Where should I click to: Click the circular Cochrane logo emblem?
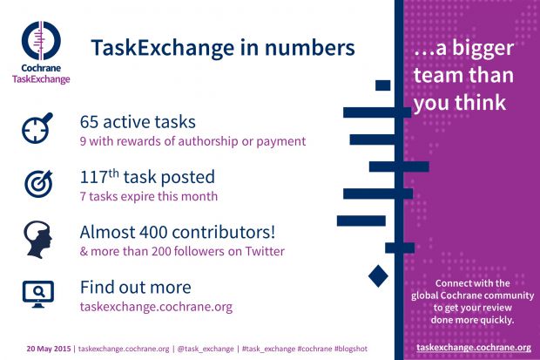[41, 40]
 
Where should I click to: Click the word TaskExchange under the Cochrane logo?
[41, 79]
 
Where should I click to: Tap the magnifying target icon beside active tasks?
[37, 128]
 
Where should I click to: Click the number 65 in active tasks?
[89, 122]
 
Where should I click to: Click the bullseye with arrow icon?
[38, 183]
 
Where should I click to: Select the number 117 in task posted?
[94, 177]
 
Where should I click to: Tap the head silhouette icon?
[37, 240]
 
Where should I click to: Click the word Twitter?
[265, 251]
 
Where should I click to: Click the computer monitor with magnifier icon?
[38, 294]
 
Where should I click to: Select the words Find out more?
[135, 288]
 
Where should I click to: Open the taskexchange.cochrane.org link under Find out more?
[157, 307]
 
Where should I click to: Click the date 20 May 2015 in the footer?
[49, 349]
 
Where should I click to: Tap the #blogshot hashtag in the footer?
[351, 349]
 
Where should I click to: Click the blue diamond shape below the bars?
[378, 275]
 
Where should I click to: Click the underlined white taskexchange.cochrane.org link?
[474, 347]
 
